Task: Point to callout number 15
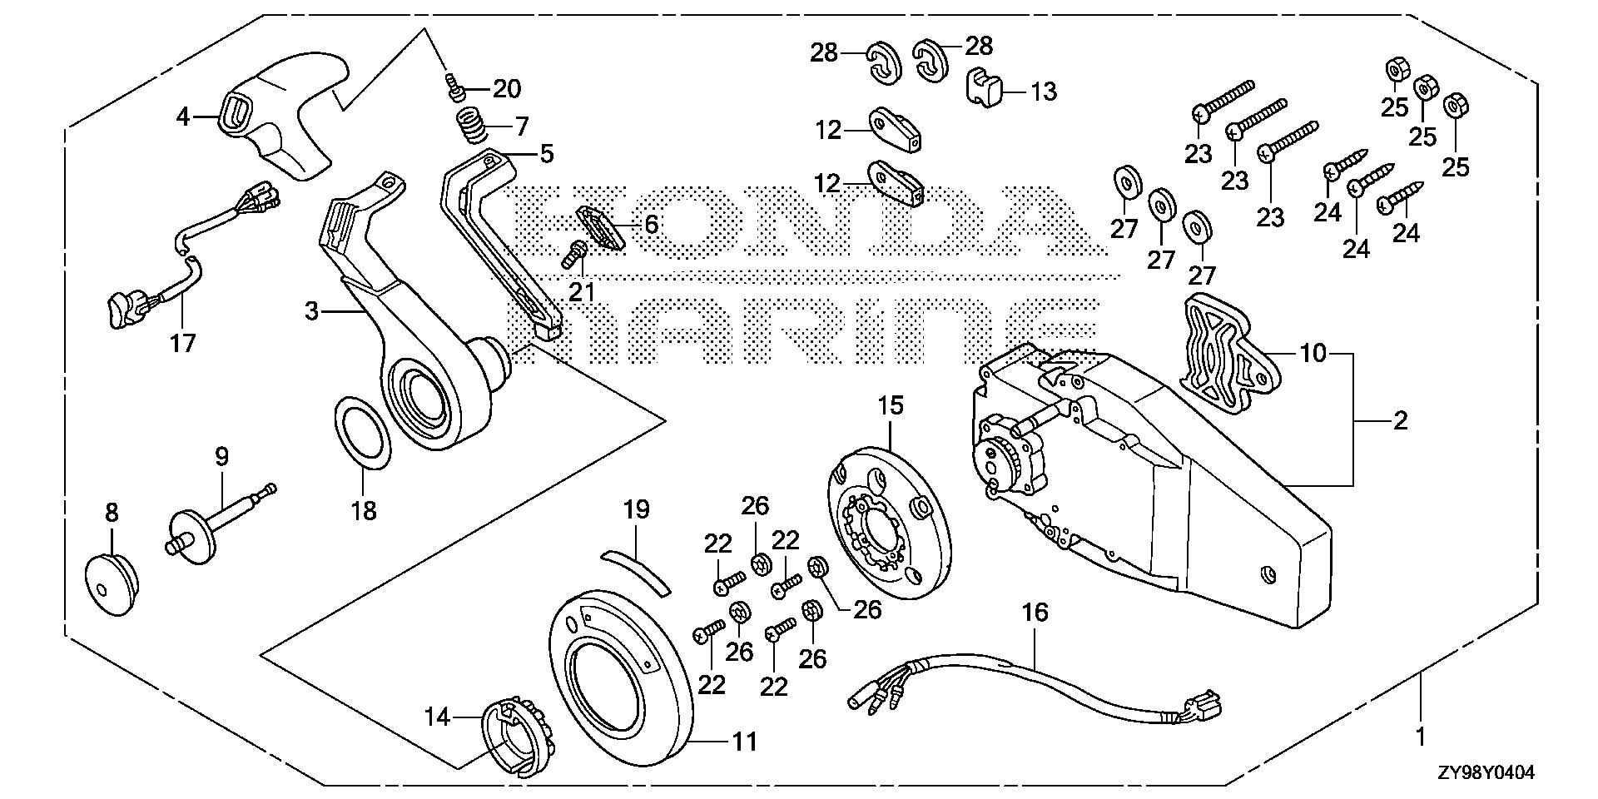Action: (890, 406)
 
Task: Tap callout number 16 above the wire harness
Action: (1035, 613)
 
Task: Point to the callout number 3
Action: (311, 311)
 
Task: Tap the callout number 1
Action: (1422, 737)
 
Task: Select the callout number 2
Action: (1400, 421)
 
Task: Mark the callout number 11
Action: (745, 740)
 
